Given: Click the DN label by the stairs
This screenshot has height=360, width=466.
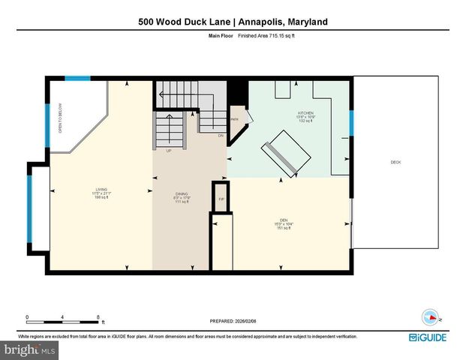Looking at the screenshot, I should pos(221,136).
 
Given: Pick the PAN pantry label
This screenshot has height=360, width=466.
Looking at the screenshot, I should pos(235,119).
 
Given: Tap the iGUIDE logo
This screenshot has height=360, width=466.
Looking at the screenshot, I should pos(428,337).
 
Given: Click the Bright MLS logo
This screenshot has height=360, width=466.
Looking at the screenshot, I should pos(30,349).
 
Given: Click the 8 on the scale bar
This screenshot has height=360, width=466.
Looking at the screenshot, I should pos(98,316).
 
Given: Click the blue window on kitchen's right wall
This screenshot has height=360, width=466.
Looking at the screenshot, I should pos(351,123).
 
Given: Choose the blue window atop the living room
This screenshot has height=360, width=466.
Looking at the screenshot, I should pos(77,79).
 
